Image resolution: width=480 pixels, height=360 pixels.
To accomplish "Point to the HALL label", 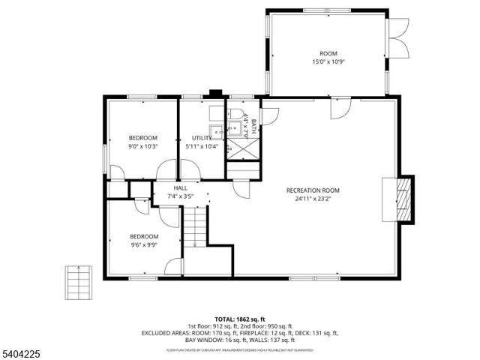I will [180, 188].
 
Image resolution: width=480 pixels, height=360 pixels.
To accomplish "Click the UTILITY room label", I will [201, 138].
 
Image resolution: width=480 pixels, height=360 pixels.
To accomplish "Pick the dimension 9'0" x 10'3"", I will [142, 146].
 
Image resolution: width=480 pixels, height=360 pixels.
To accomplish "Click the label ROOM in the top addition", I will [328, 53].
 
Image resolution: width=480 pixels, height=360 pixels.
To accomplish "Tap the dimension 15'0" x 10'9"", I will [328, 62].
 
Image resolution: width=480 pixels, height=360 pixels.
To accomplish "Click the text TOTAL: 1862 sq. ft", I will [240, 319].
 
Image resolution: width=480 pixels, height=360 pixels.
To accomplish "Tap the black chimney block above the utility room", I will [216, 94].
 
